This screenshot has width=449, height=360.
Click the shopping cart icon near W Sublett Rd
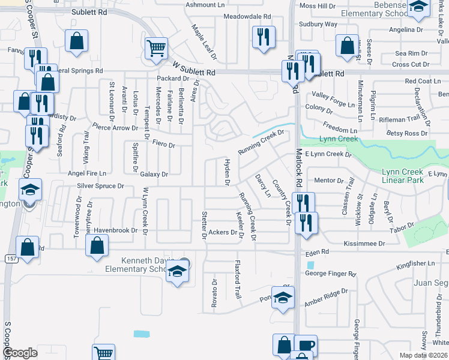(x=156, y=48)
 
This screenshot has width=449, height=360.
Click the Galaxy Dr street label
(x=154, y=175)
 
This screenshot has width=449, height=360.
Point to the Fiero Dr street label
(x=163, y=145)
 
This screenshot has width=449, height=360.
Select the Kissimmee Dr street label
(x=364, y=244)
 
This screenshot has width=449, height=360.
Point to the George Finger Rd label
(x=331, y=274)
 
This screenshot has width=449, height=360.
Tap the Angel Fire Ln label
(x=87, y=173)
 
